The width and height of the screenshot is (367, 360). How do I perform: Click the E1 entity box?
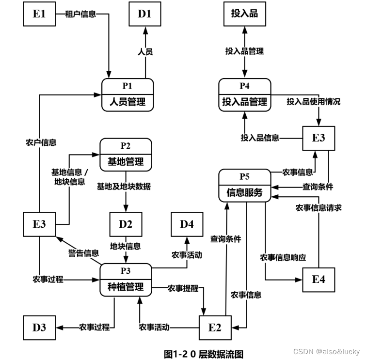pos(39,14)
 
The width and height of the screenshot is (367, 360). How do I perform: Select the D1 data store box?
pos(144,14)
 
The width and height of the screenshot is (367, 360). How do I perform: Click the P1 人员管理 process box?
pos(128,94)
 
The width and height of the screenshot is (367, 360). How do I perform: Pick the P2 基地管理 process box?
pos(126,154)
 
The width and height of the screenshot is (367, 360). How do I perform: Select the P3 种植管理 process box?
pos(126,280)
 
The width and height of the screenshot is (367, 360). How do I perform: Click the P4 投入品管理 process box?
pos(244,94)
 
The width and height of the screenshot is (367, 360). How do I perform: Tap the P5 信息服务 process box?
pos(244,185)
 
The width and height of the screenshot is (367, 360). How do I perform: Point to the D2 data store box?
pos(126,224)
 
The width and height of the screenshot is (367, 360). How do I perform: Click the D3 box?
pos(39,327)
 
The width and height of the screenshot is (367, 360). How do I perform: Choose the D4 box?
pos(187,224)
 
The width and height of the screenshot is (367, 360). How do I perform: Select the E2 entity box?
pos(215,327)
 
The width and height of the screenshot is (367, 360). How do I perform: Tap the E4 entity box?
pos(319,280)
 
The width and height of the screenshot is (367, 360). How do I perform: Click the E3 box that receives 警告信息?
pos(39,224)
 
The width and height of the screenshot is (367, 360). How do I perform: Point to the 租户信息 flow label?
pos(80,14)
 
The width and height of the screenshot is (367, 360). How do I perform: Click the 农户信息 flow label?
pos(41,142)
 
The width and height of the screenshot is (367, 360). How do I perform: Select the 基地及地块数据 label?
pos(124,186)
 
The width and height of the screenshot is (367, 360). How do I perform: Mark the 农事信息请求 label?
pos(319,207)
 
